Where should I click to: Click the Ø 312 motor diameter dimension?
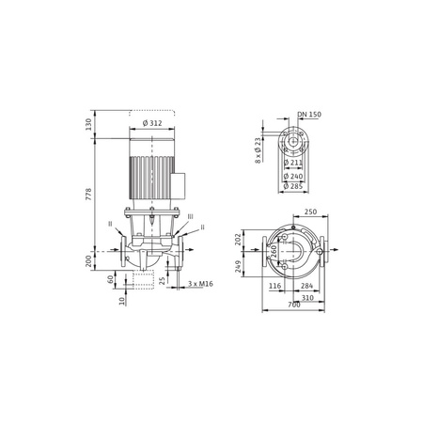pyautogui.click(x=152, y=123)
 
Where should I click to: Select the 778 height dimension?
pyautogui.click(x=88, y=195)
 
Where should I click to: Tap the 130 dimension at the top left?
pyautogui.click(x=88, y=124)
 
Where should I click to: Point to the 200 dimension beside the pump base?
pyautogui.click(x=88, y=261)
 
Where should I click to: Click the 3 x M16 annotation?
pyautogui.click(x=200, y=284)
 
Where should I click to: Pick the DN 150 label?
pyautogui.click(x=309, y=115)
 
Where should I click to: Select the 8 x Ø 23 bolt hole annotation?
pyautogui.click(x=258, y=150)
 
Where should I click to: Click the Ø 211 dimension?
pyautogui.click(x=293, y=163)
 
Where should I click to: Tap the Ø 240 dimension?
pyautogui.click(x=293, y=177)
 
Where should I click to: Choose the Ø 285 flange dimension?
pyautogui.click(x=293, y=186)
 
